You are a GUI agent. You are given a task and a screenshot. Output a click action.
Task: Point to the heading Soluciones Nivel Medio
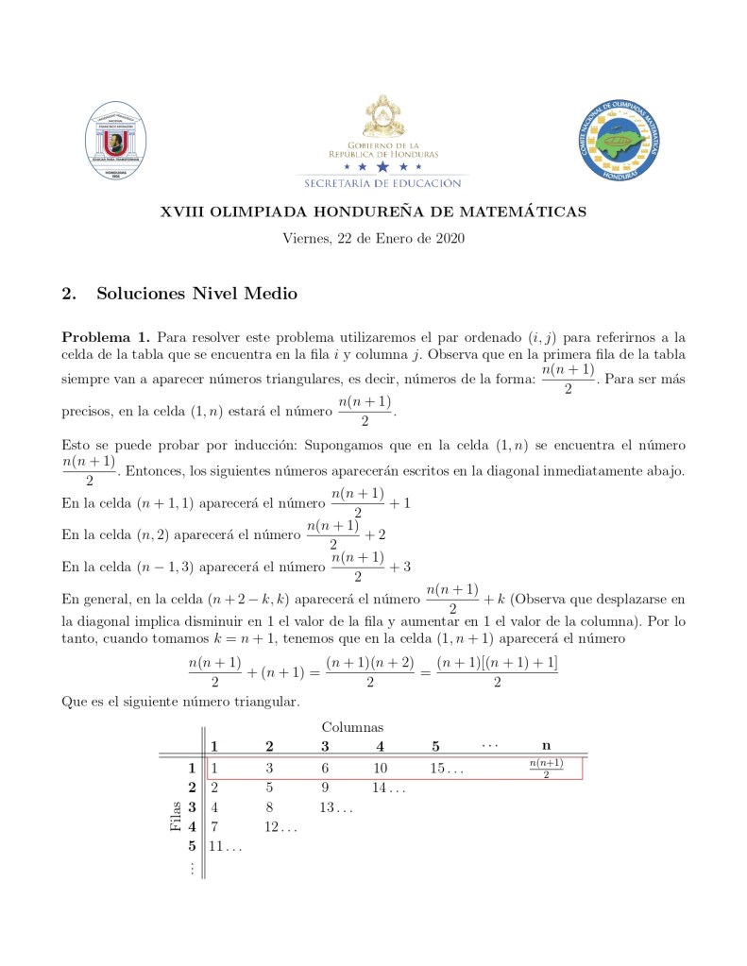click(x=196, y=294)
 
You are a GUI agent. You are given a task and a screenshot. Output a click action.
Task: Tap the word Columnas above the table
click(x=352, y=727)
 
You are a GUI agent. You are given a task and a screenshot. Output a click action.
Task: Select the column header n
click(x=546, y=746)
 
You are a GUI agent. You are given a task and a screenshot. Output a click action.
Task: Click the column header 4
click(x=380, y=746)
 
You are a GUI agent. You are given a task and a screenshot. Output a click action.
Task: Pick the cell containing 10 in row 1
click(x=380, y=768)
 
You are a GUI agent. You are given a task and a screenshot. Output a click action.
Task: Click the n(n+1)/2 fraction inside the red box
click(x=546, y=768)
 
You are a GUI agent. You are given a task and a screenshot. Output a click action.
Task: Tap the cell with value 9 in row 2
click(x=325, y=788)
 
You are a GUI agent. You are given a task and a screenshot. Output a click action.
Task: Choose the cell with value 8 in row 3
click(x=270, y=807)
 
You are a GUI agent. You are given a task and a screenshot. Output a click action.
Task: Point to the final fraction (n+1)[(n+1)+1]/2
click(x=497, y=672)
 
